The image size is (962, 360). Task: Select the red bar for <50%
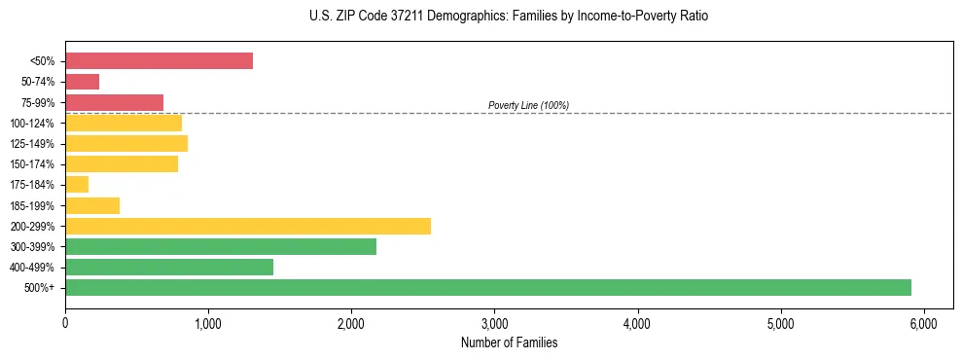coord(159,61)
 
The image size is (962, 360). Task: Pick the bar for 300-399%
coord(221,246)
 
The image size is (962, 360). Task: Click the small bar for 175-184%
coord(77,185)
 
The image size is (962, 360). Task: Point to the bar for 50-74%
coord(83,82)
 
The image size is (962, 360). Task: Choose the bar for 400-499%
coord(169,267)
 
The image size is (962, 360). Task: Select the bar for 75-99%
coord(114,102)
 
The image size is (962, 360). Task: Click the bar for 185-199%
coord(92,205)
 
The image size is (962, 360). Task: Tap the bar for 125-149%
coord(126,143)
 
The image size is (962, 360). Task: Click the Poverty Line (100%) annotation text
coord(528,105)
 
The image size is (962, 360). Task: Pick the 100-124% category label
coord(33,124)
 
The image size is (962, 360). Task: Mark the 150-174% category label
coord(33,164)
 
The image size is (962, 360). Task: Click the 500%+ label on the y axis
coord(39,288)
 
